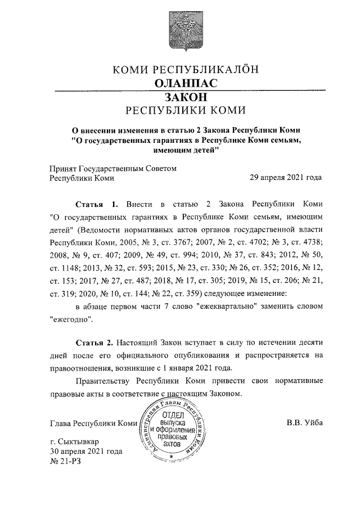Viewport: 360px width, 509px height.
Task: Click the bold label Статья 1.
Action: pos(97,203)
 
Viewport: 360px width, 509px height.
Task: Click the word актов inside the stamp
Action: pos(172,444)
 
